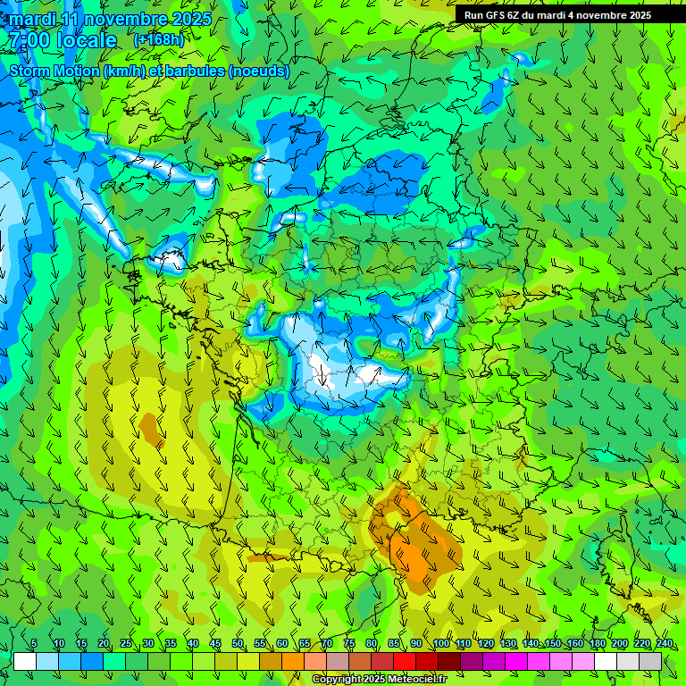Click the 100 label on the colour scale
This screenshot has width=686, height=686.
pyautogui.click(x=441, y=644)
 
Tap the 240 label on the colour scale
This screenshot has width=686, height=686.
pyautogui.click(x=664, y=644)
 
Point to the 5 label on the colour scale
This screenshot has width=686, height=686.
pyautogui.click(x=34, y=644)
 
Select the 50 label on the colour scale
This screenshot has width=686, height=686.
pyautogui.click(x=238, y=644)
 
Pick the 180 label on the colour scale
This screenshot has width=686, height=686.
pyautogui.click(x=597, y=644)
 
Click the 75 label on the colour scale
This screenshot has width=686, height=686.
pyautogui.click(x=349, y=644)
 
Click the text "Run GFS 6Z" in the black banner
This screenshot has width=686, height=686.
pyautogui.click(x=492, y=15)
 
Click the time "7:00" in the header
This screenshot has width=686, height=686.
pyautogui.click(x=28, y=40)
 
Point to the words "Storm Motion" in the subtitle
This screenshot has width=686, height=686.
pyautogui.click(x=54, y=71)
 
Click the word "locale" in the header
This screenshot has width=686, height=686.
pyautogui.click(x=86, y=40)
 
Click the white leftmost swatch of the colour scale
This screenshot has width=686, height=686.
pyautogui.click(x=25, y=661)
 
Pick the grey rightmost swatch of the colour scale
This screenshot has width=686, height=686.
pyautogui.click(x=650, y=661)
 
